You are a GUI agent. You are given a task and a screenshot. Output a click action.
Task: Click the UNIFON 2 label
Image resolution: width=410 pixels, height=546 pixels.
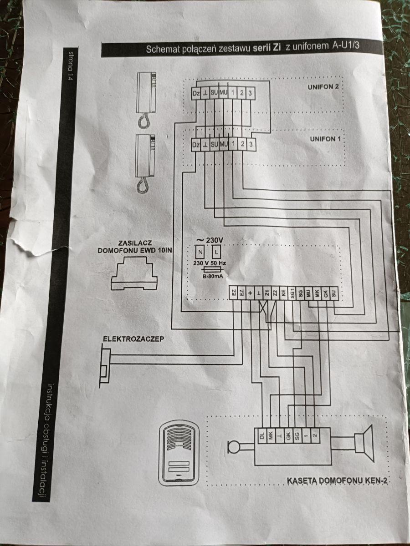(323, 87)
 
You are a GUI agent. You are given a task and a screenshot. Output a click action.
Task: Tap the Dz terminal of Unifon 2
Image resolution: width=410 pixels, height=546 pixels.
(196, 94)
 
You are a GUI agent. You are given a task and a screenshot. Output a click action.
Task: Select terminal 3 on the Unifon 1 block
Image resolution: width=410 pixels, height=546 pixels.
(251, 144)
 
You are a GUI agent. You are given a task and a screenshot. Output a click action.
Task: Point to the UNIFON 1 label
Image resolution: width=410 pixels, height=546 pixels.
(325, 139)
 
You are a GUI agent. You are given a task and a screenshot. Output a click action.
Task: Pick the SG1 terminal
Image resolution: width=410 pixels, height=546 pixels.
(292, 293)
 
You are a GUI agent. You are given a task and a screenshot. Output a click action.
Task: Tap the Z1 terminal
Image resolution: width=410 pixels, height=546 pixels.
(267, 293)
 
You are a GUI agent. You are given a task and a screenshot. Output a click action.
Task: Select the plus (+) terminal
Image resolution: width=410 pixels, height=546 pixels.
(250, 293)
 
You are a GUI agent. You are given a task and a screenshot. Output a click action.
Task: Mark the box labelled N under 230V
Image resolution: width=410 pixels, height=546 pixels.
(200, 252)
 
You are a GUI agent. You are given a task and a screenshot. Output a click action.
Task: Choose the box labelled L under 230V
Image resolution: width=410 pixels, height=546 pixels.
(216, 252)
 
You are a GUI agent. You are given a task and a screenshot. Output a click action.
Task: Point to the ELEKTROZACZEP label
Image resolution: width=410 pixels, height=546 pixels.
(133, 339)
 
